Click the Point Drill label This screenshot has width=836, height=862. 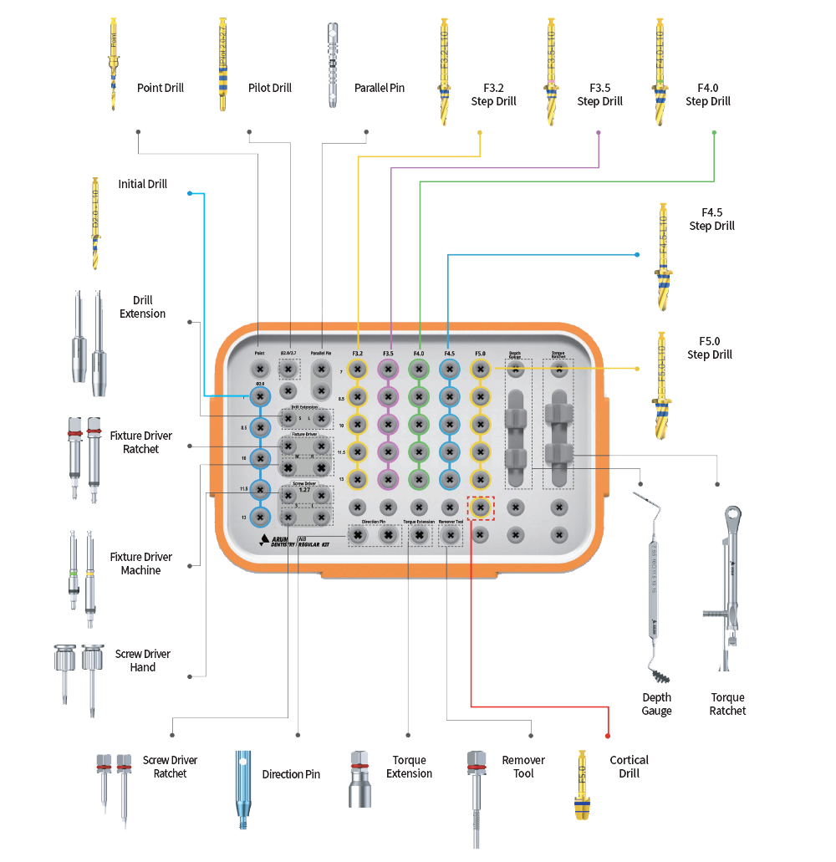160,88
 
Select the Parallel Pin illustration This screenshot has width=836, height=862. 333,65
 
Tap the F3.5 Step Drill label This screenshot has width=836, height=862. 599,94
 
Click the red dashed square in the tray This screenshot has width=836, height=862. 480,508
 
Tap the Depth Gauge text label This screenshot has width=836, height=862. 656,704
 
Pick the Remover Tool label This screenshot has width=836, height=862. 523,767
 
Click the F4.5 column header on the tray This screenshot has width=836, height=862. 449,354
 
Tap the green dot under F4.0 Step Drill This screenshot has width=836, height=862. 714,133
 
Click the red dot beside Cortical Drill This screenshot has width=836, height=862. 608,736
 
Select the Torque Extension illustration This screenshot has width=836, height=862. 359,778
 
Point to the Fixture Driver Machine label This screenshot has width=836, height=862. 141,564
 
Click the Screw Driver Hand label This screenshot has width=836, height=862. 143,661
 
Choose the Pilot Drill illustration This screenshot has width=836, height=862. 223,65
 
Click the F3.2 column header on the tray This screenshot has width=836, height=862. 357,354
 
